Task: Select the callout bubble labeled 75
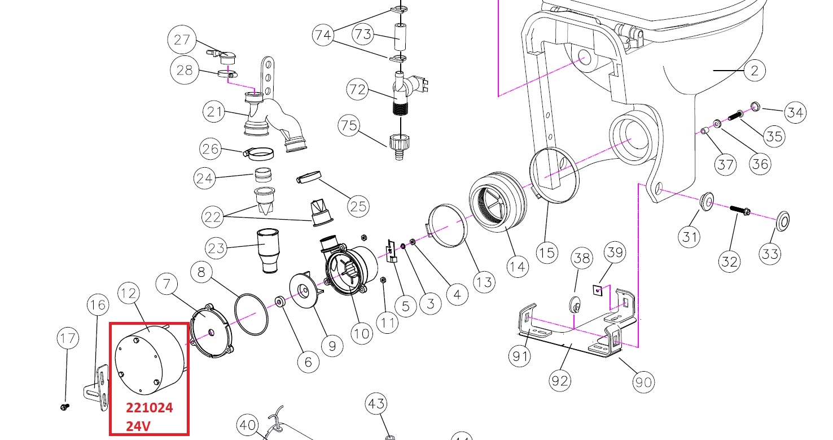[x=350, y=126]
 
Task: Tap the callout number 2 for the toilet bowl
[x=755, y=71]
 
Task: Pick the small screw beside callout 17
[x=64, y=406]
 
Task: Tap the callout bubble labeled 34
[x=795, y=113]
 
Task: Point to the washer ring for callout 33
[x=782, y=221]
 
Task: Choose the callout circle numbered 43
[x=376, y=404]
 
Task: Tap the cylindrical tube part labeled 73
[x=400, y=38]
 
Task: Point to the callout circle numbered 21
[x=215, y=112]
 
